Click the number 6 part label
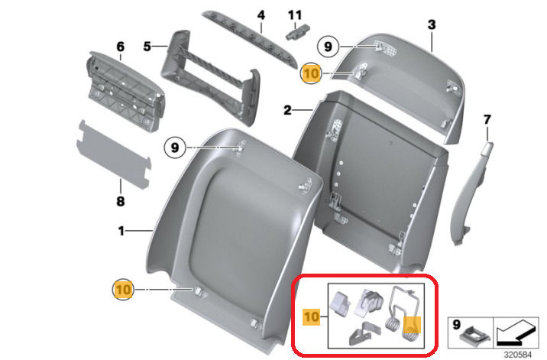pos(121,46)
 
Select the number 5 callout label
pos(147,46)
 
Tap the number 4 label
pos(261,15)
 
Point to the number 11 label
pos(295,15)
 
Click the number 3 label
pos(432,24)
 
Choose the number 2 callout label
pos(287,110)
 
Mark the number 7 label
pos(487,120)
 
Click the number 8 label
pos(121,201)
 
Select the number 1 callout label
pos(121,231)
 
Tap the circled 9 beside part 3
pos(328,47)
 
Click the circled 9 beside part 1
pos(175,148)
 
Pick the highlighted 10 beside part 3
pos(311,73)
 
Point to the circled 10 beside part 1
pos(123,290)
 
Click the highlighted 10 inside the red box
pos(311,316)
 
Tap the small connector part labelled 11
pos(298,32)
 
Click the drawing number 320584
pos(518,355)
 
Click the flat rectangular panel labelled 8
pos(114,154)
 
